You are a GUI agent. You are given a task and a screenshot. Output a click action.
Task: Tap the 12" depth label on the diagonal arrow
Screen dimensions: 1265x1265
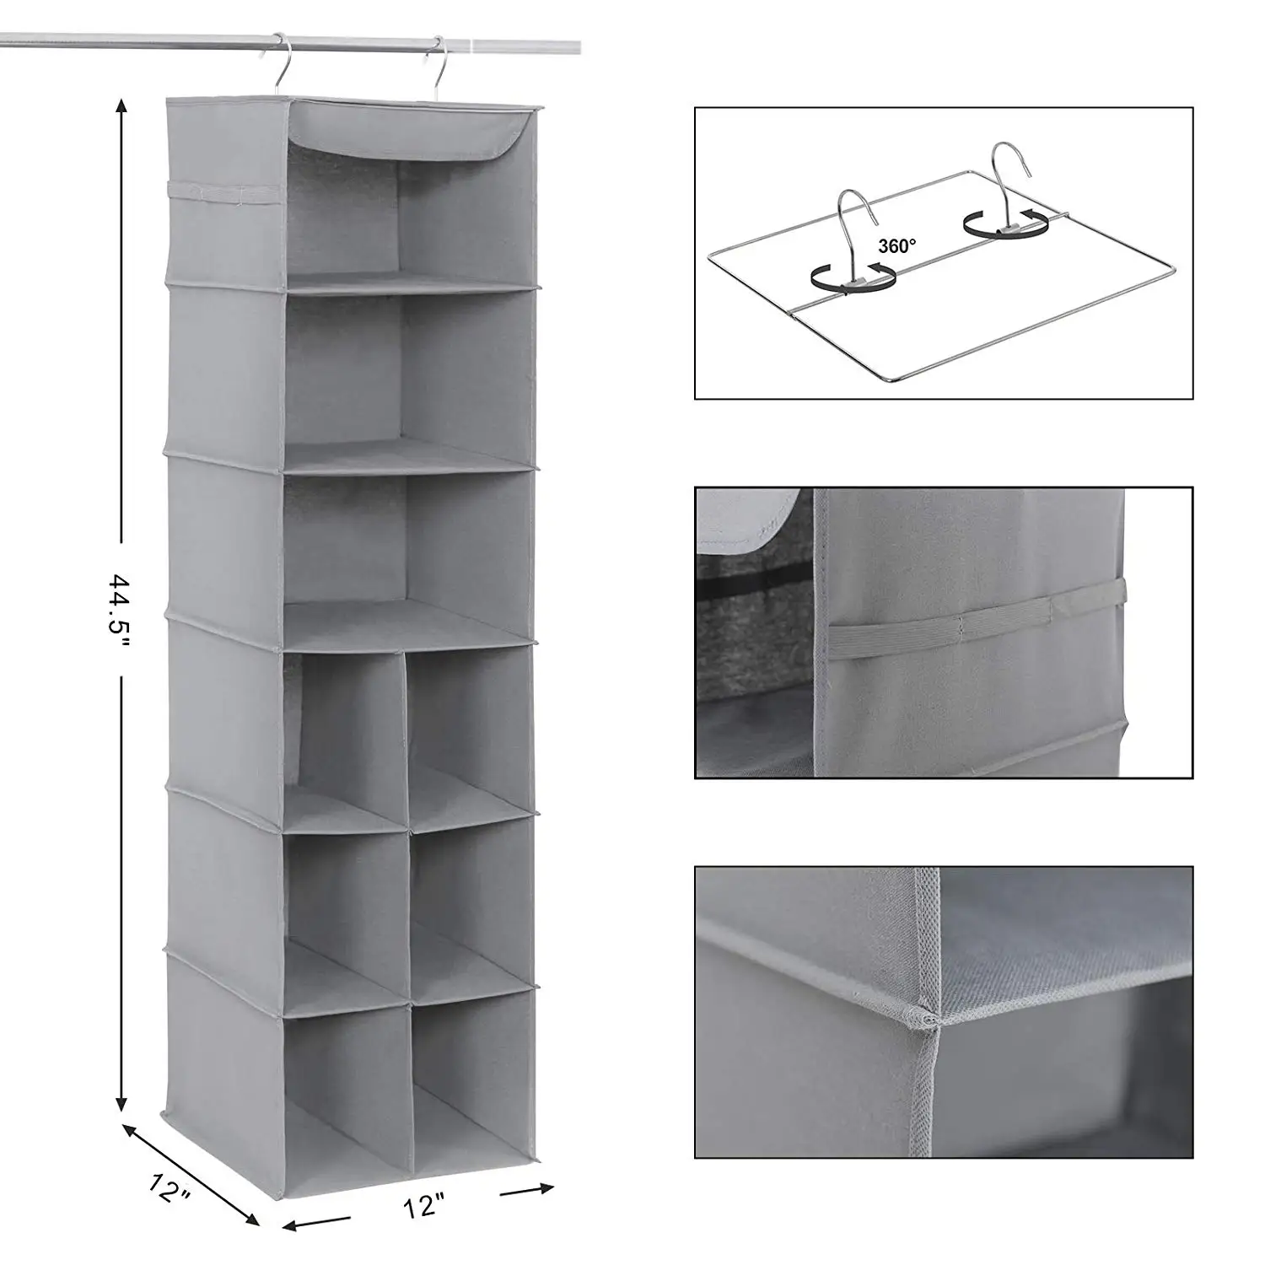pos(168,1190)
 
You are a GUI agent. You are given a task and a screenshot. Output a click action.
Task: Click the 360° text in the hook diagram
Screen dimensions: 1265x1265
pos(896,246)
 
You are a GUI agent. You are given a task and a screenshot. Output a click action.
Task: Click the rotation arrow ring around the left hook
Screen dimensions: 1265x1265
pos(852,277)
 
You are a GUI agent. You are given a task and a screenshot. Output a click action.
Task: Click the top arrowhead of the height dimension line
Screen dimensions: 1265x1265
pos(122,108)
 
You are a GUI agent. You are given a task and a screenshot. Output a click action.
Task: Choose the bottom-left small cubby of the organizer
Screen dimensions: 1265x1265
pos(346,1071)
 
